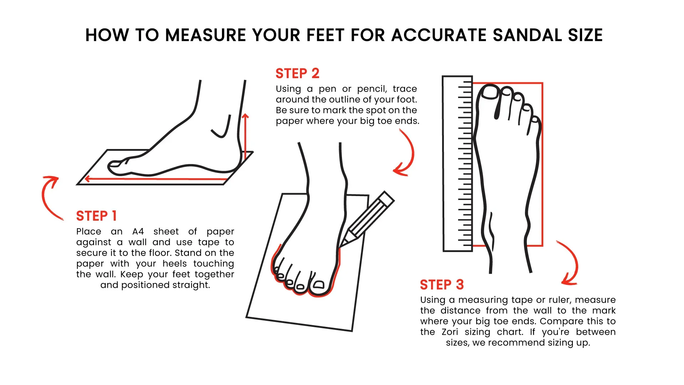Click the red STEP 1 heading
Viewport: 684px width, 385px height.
tap(96, 216)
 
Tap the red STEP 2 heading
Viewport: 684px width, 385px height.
tap(297, 73)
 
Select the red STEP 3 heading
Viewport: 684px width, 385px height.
tap(442, 285)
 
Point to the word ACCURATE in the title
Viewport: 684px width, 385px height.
tap(439, 35)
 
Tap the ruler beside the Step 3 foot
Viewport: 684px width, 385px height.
tap(457, 164)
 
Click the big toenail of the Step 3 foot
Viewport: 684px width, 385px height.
tap(490, 92)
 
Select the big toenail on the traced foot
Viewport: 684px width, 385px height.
tap(318, 284)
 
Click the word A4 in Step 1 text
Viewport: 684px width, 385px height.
tap(138, 232)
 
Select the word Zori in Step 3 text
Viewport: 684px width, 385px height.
tap(450, 332)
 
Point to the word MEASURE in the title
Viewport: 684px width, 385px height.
tap(206, 35)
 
